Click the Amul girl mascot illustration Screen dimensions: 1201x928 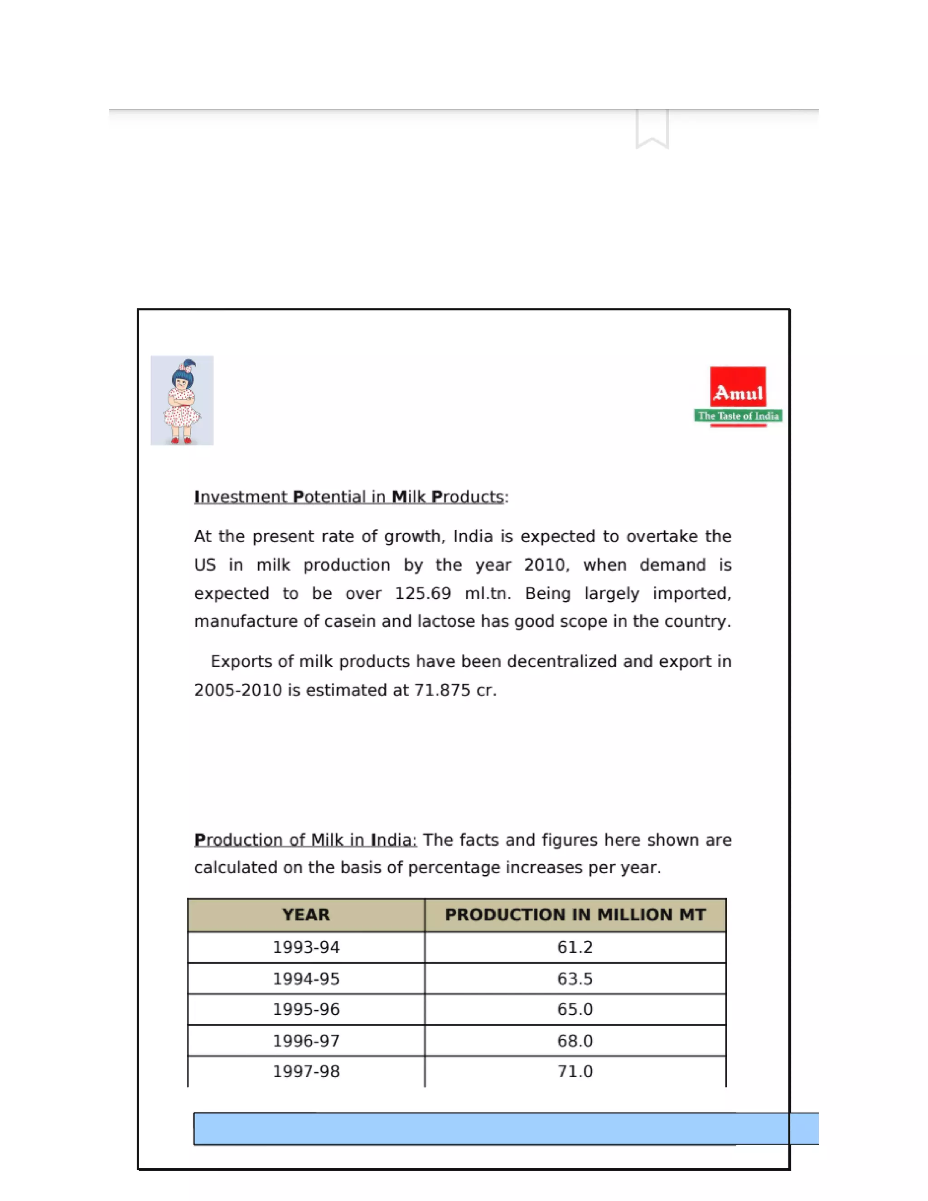[182, 400]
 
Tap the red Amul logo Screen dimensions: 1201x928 [738, 387]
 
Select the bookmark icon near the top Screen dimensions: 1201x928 [652, 129]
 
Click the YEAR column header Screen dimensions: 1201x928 [306, 915]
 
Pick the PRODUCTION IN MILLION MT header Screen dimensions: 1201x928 [575, 915]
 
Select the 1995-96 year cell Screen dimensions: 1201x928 [306, 1009]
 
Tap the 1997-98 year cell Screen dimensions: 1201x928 [306, 1071]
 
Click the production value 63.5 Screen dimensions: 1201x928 [575, 979]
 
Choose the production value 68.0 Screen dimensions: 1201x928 [575, 1041]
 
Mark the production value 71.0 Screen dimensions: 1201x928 [575, 1071]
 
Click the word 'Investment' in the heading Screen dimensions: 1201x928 [241, 497]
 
